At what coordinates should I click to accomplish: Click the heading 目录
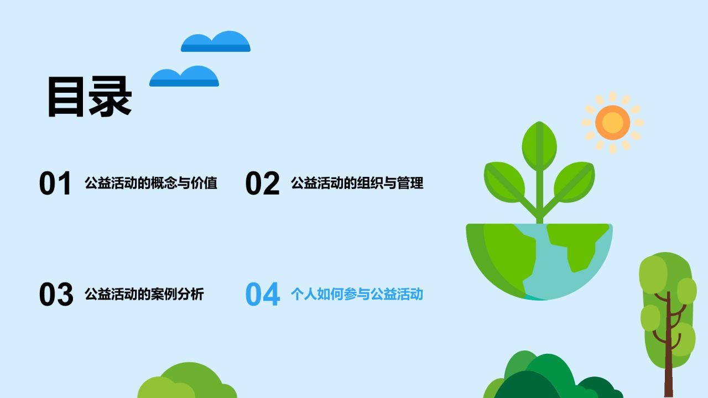pyautogui.click(x=90, y=97)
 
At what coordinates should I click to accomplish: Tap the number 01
pyautogui.click(x=55, y=183)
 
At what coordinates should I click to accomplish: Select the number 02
pyautogui.click(x=262, y=183)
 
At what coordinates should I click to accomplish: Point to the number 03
pyautogui.click(x=56, y=294)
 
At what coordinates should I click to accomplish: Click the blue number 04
pyautogui.click(x=263, y=294)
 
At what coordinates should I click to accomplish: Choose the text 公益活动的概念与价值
pyautogui.click(x=151, y=183)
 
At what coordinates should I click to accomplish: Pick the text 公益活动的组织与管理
pyautogui.click(x=357, y=183)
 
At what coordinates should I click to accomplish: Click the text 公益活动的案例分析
pyautogui.click(x=144, y=294)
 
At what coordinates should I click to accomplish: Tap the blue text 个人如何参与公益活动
pyautogui.click(x=357, y=294)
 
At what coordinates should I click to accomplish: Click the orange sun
pyautogui.click(x=612, y=123)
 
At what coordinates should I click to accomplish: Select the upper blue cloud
pyautogui.click(x=216, y=41)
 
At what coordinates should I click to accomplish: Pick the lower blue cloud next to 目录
pyautogui.click(x=184, y=76)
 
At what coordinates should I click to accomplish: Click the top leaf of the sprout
pyautogui.click(x=539, y=146)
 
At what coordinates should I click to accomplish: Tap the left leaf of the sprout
pyautogui.click(x=504, y=182)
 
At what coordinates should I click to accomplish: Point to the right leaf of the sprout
pyautogui.click(x=574, y=182)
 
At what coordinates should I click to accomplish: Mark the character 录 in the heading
pyautogui.click(x=110, y=97)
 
